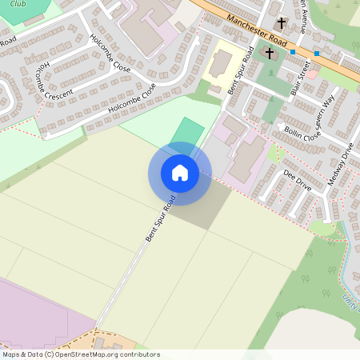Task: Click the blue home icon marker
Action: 179,173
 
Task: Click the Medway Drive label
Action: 339,165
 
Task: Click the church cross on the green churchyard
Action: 270,54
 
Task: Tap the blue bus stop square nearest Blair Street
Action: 293,52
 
